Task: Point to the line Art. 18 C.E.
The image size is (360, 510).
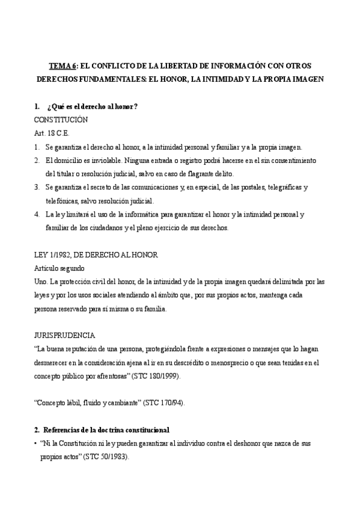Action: pos(52,134)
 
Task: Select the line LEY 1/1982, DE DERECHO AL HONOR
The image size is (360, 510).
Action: pos(96,255)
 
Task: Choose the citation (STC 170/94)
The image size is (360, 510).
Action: pos(164,403)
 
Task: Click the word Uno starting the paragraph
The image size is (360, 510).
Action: pos(42,281)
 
